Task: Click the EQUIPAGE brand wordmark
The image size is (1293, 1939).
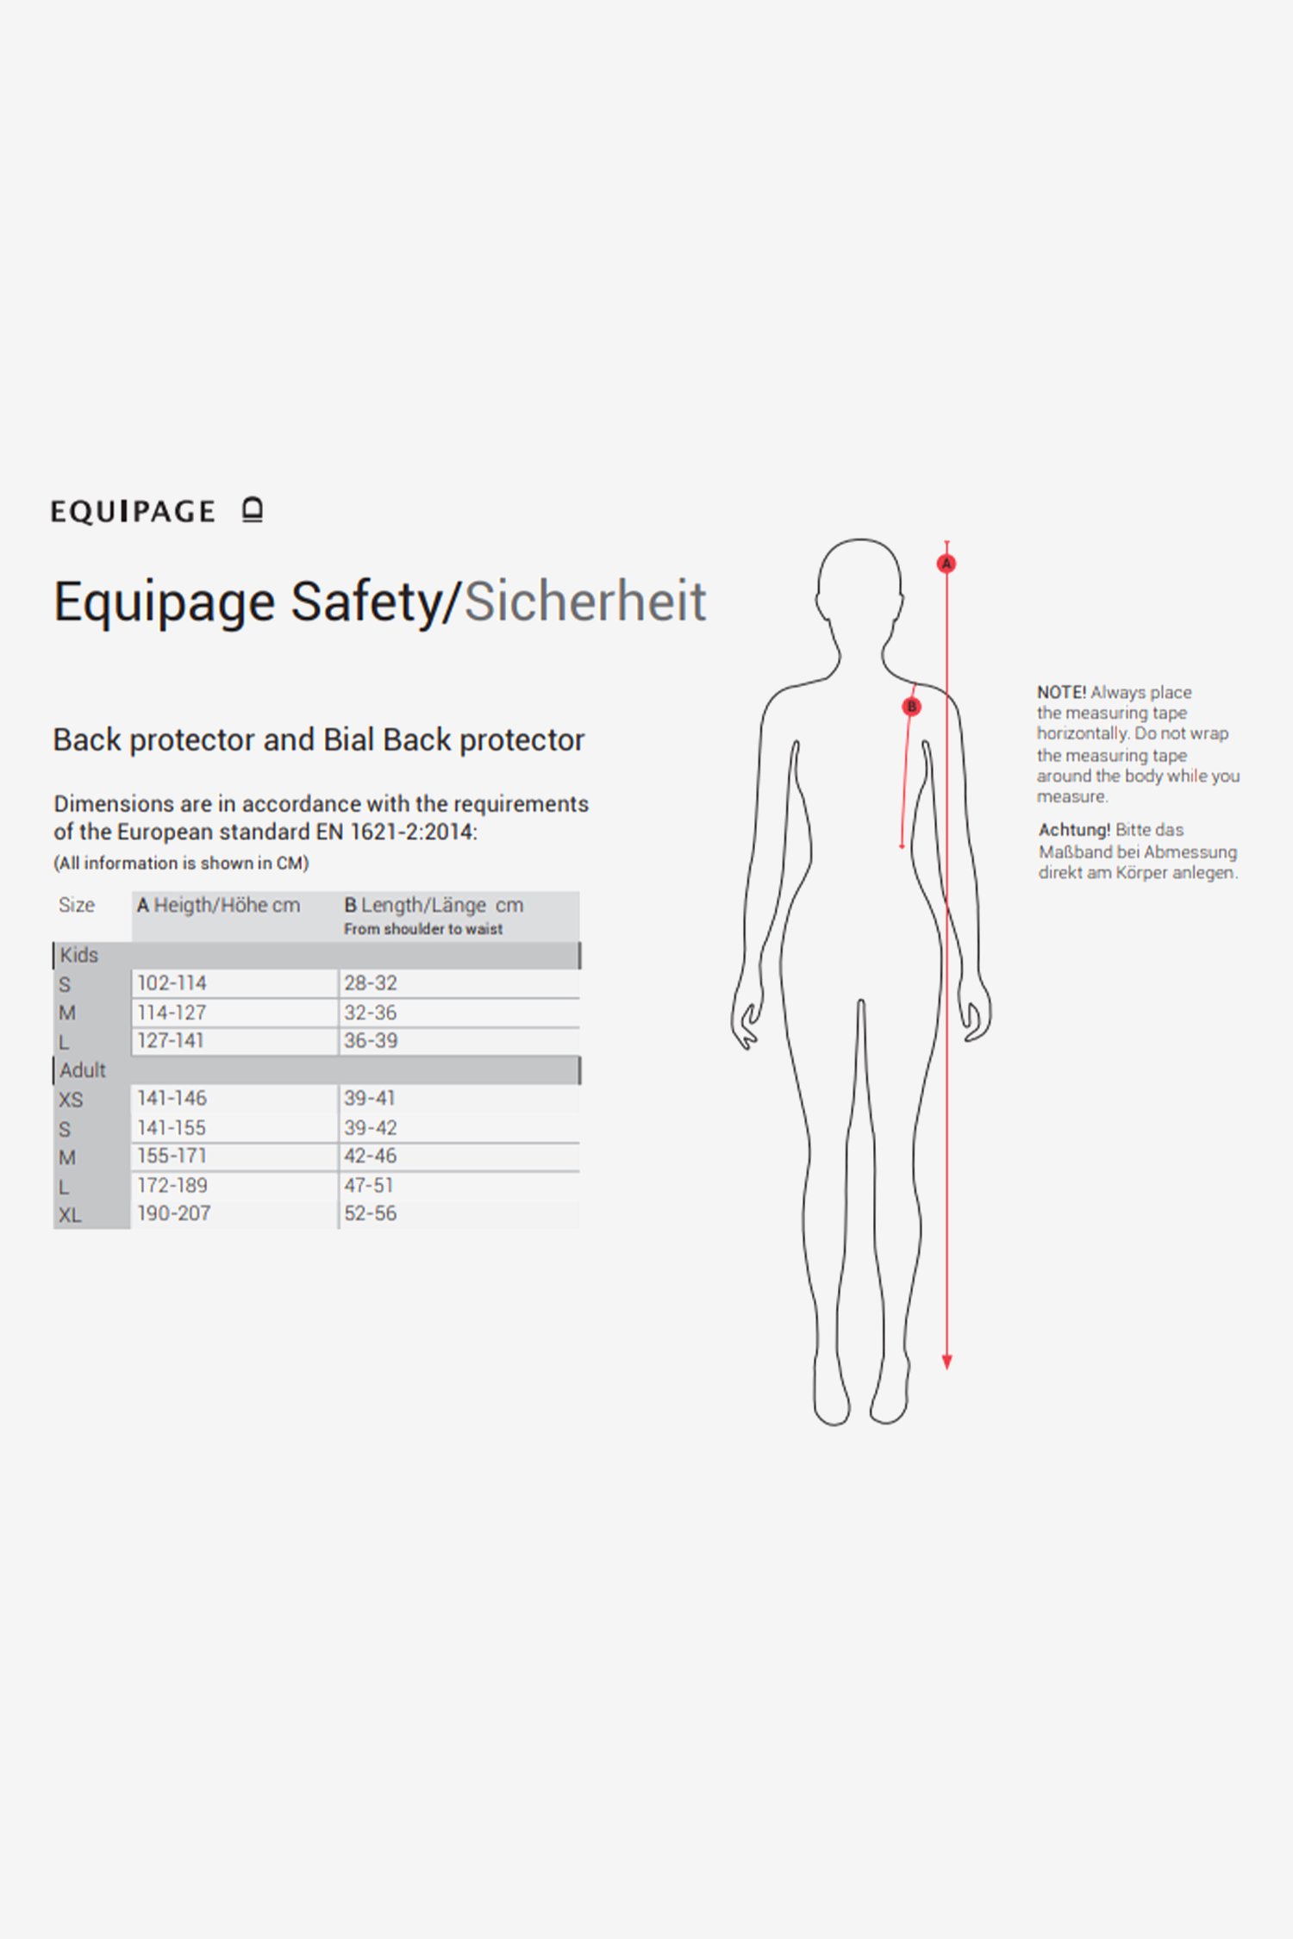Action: [133, 511]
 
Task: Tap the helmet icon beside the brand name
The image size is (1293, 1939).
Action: [252, 510]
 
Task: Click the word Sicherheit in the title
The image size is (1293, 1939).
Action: [585, 601]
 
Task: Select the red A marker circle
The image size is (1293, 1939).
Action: [946, 564]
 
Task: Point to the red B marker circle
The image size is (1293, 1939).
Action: [911, 707]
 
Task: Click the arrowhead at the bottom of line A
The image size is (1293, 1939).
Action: [946, 1362]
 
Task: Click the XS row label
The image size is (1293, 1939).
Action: [71, 1100]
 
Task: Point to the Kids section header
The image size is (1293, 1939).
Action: [79, 955]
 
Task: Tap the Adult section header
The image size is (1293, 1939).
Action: [83, 1070]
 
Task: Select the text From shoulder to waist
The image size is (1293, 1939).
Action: [423, 929]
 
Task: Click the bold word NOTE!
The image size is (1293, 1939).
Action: [1061, 692]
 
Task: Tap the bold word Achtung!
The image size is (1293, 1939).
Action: [1074, 830]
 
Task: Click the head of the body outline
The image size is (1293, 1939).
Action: [859, 586]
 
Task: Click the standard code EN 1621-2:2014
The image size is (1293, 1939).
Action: [396, 832]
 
